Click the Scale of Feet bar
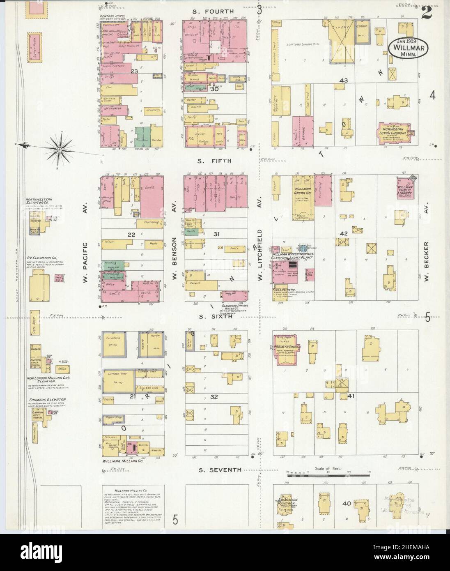[322, 474]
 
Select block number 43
[343, 81]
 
